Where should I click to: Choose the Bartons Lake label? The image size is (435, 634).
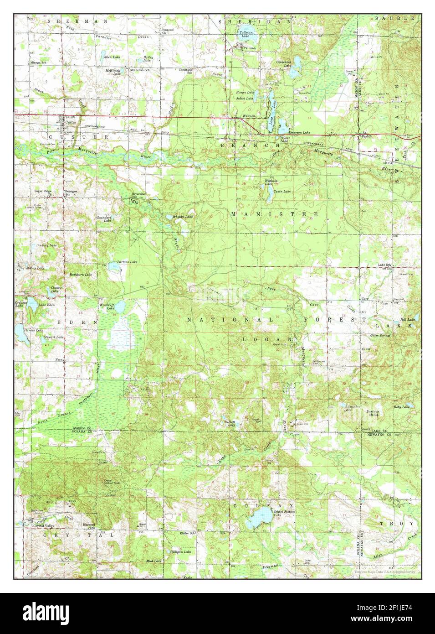tap(127, 262)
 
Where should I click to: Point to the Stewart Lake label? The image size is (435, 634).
tap(53, 337)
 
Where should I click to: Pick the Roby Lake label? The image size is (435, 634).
tap(402, 406)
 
